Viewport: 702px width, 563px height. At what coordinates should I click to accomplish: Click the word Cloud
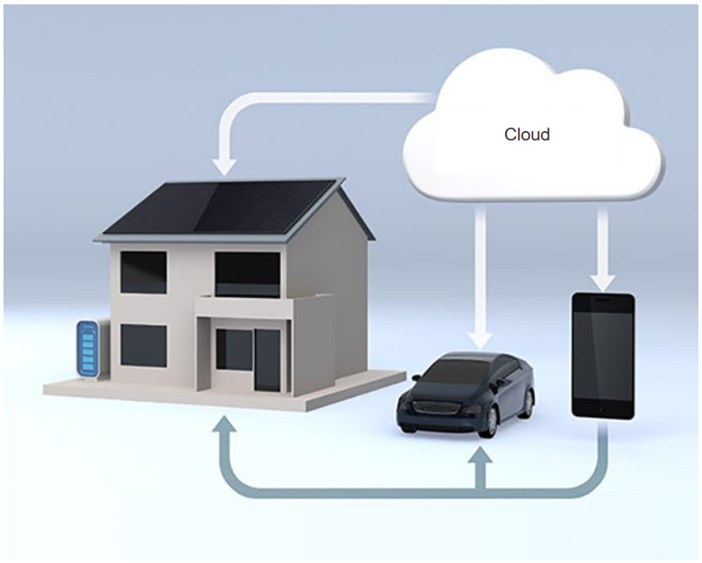[x=526, y=135]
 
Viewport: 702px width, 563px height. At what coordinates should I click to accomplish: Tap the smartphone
[x=603, y=356]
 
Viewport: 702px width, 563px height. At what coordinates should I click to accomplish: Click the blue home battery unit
[x=88, y=349]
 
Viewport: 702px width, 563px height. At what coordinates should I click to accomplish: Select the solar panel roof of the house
[x=219, y=207]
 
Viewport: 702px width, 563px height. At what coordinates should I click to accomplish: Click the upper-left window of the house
[x=143, y=272]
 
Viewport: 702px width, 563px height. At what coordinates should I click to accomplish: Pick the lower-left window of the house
[x=143, y=346]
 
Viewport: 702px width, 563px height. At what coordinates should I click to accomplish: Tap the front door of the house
[x=267, y=360]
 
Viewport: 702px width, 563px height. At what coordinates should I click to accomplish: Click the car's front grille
[x=436, y=409]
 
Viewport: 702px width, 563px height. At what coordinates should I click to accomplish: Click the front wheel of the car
[x=491, y=423]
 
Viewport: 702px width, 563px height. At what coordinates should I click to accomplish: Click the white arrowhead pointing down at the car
[x=479, y=340]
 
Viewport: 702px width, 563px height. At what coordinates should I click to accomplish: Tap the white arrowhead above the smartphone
[x=603, y=281]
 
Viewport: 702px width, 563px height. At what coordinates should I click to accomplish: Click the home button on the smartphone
[x=602, y=410]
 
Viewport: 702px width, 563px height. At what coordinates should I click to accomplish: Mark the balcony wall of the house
[x=244, y=308]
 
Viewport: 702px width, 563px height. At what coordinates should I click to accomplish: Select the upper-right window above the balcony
[x=248, y=274]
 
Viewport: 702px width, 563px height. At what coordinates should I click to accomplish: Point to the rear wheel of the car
[x=530, y=403]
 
